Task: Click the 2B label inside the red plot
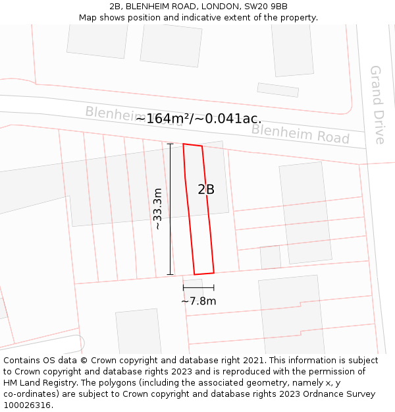206,190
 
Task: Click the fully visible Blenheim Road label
300,134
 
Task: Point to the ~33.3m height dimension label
157,209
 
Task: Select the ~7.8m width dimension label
199,301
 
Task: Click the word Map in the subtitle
88,18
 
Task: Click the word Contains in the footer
23,361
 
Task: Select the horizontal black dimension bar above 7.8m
199,287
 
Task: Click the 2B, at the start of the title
117,7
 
